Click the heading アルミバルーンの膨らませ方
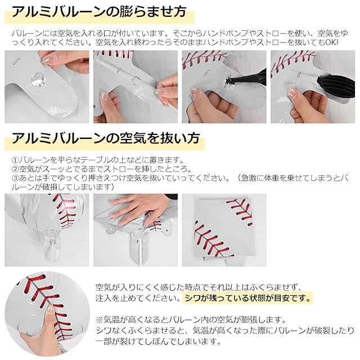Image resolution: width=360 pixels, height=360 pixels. pos(99,12)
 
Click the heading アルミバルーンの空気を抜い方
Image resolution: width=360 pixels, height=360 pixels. pos(105,138)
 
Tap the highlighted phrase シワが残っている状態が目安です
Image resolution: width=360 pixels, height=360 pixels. pos(248,298)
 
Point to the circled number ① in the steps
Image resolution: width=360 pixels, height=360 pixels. pos(15,160)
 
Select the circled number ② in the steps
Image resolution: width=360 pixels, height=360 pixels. pos(15,169)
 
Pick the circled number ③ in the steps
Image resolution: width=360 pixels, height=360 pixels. pos(15,178)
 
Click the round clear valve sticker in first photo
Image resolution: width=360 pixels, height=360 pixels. pos(38,79)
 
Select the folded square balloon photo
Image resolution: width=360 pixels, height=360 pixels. pos(224,230)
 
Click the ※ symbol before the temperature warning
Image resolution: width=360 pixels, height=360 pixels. pos(100,319)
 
